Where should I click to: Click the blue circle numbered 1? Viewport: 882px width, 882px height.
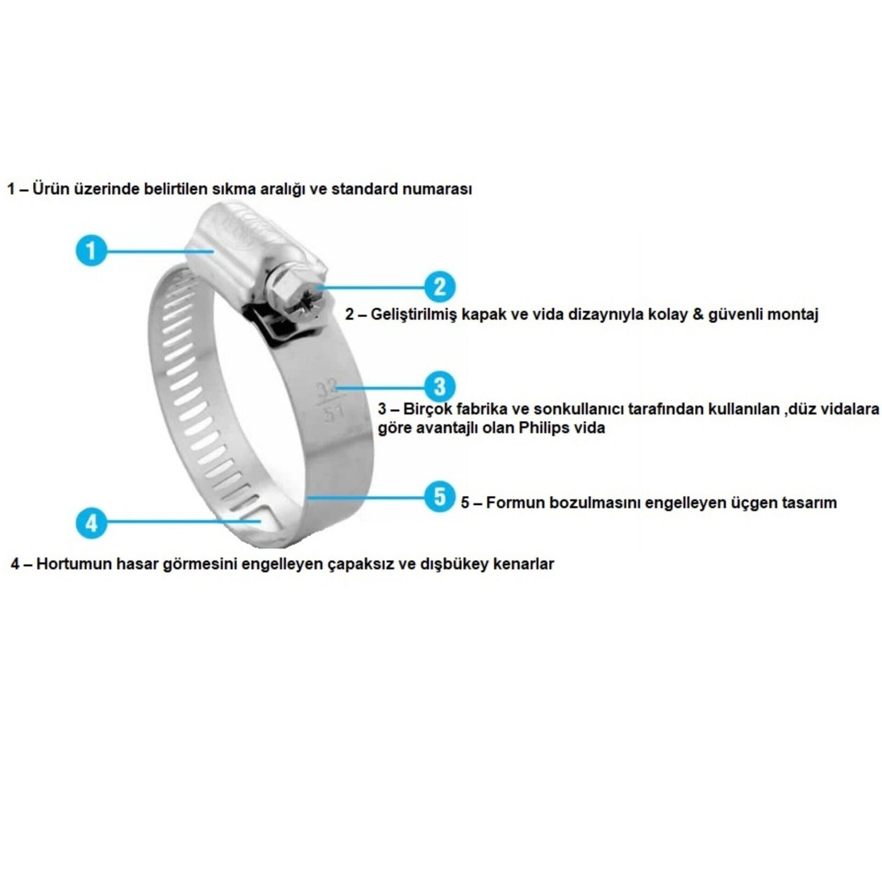coord(91,250)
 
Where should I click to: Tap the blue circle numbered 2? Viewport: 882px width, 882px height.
coord(439,287)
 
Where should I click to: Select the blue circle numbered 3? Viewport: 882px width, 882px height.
coord(439,386)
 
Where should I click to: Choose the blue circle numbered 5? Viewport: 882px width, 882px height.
coord(439,497)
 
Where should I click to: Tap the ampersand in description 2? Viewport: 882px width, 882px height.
coord(698,315)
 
